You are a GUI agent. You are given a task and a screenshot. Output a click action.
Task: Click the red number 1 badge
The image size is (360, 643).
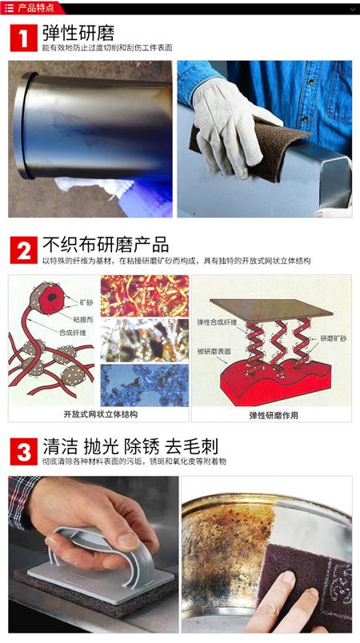pyautogui.click(x=23, y=38)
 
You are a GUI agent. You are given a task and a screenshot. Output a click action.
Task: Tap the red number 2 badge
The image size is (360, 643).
pyautogui.click(x=23, y=250)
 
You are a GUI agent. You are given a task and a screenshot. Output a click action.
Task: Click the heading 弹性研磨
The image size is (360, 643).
pyautogui.click(x=78, y=34)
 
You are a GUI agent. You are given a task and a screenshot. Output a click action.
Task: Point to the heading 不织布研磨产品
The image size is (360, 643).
pyautogui.click(x=106, y=246)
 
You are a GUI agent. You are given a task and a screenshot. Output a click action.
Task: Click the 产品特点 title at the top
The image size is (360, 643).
pyautogui.click(x=36, y=8)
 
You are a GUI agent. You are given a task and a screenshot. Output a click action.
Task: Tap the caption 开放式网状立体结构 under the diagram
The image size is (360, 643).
pyautogui.click(x=100, y=414)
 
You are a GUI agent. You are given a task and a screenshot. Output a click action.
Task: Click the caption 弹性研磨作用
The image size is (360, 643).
pyautogui.click(x=274, y=415)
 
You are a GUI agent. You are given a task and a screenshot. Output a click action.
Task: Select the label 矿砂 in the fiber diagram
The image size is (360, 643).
pyautogui.click(x=86, y=302)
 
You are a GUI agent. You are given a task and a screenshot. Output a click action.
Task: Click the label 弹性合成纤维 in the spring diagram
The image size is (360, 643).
pyautogui.click(x=217, y=322)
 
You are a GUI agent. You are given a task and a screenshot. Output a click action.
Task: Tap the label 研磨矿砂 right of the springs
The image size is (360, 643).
pyautogui.click(x=333, y=339)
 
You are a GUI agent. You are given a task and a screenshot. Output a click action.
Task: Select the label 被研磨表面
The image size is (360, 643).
pyautogui.click(x=214, y=351)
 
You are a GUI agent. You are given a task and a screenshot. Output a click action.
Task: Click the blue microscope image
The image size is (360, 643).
pyautogui.click(x=145, y=385)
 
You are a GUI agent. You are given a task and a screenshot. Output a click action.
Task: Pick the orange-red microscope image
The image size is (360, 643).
pyautogui.click(x=145, y=295)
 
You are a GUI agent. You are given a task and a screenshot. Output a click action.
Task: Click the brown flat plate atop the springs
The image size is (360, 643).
pyautogui.click(x=271, y=310)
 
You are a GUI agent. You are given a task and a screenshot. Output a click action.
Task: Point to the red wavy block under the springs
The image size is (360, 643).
pyautogui.click(x=275, y=379)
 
